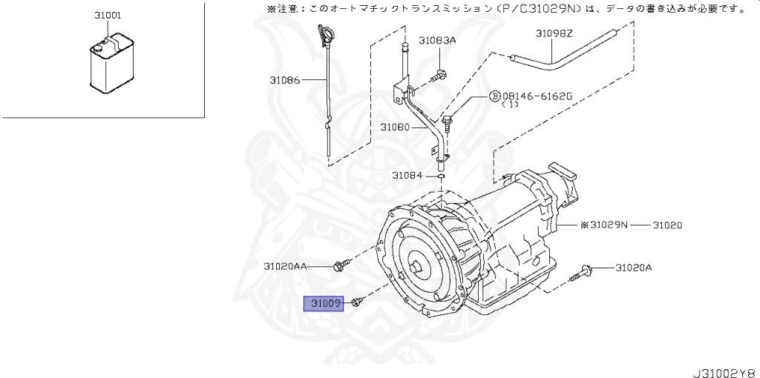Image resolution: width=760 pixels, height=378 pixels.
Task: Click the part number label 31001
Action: click(x=108, y=15)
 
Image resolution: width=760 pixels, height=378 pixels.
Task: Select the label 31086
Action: click(x=285, y=79)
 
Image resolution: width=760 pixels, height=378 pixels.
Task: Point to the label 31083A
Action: click(x=437, y=41)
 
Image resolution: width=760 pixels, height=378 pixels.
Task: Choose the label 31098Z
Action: click(x=554, y=33)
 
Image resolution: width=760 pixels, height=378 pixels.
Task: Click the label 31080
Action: click(x=395, y=127)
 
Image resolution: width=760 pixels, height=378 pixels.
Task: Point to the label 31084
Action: click(x=407, y=176)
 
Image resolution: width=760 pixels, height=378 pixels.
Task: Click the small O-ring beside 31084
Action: click(x=441, y=176)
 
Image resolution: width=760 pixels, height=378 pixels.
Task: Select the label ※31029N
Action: click(x=603, y=225)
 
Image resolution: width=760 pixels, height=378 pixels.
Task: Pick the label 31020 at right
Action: click(x=668, y=225)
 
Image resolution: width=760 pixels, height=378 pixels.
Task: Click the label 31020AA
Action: click(x=285, y=265)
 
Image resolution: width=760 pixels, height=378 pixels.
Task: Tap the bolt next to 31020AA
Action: click(x=341, y=265)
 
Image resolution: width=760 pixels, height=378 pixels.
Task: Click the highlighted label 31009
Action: click(x=325, y=303)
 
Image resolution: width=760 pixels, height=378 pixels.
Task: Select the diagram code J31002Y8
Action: click(x=724, y=371)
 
